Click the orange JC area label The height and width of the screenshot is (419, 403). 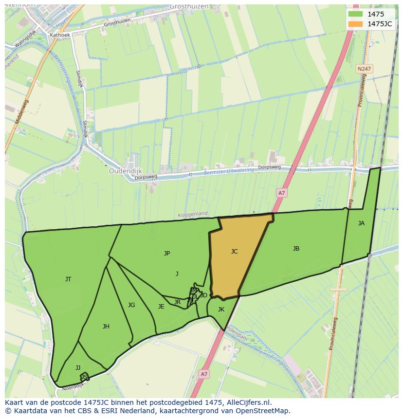234,252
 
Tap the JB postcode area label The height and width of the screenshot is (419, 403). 296,249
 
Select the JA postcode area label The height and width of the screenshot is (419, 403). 361,223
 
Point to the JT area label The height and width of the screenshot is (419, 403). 68,279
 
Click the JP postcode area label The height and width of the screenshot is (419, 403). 167,253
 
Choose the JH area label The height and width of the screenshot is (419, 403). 106,327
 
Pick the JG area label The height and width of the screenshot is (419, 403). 131,305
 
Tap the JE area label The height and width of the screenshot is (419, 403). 161,307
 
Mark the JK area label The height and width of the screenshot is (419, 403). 221,310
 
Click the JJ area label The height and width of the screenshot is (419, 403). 78,368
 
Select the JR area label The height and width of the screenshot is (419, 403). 177,302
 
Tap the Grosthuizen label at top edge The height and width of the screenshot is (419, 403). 189,7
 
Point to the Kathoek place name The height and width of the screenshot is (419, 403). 60,35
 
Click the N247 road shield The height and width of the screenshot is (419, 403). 363,69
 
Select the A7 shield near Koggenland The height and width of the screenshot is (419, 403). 281,193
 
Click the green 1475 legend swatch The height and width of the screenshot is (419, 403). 355,14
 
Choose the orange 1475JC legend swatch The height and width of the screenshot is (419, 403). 355,24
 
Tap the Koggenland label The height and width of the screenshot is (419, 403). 192,214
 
